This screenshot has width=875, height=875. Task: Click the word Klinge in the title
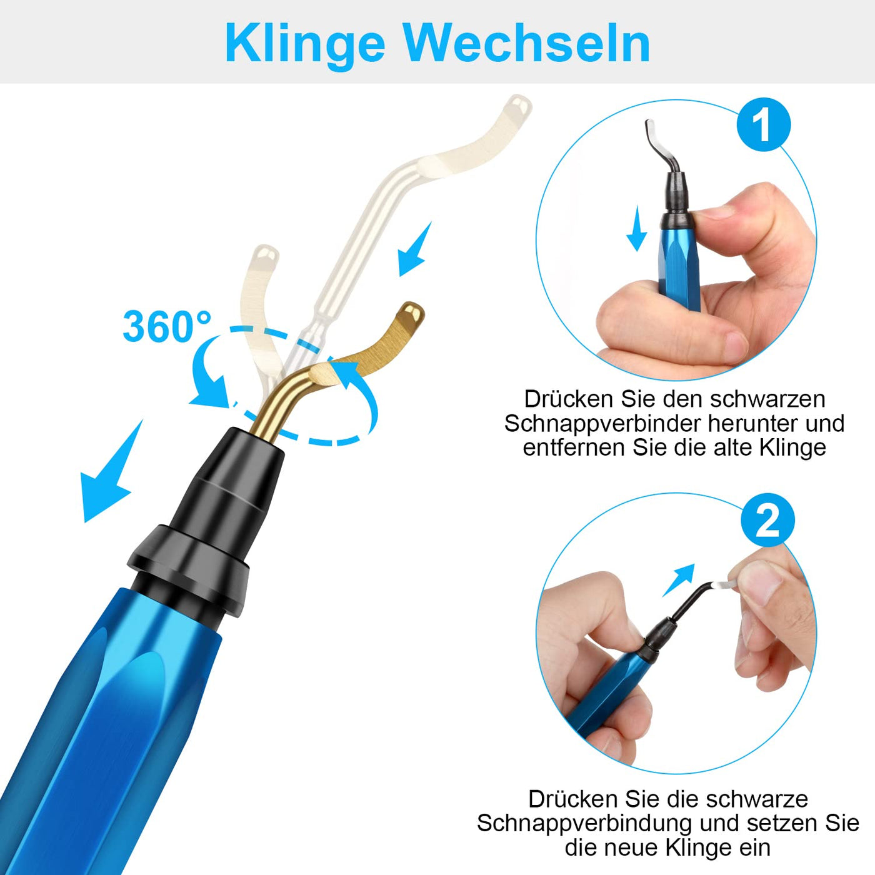click(x=304, y=44)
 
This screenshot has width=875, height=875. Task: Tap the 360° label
click(x=167, y=326)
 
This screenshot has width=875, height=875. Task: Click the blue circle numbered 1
click(x=763, y=125)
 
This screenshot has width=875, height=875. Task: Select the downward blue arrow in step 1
click(x=637, y=228)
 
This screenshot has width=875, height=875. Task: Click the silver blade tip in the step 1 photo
click(x=650, y=129)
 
